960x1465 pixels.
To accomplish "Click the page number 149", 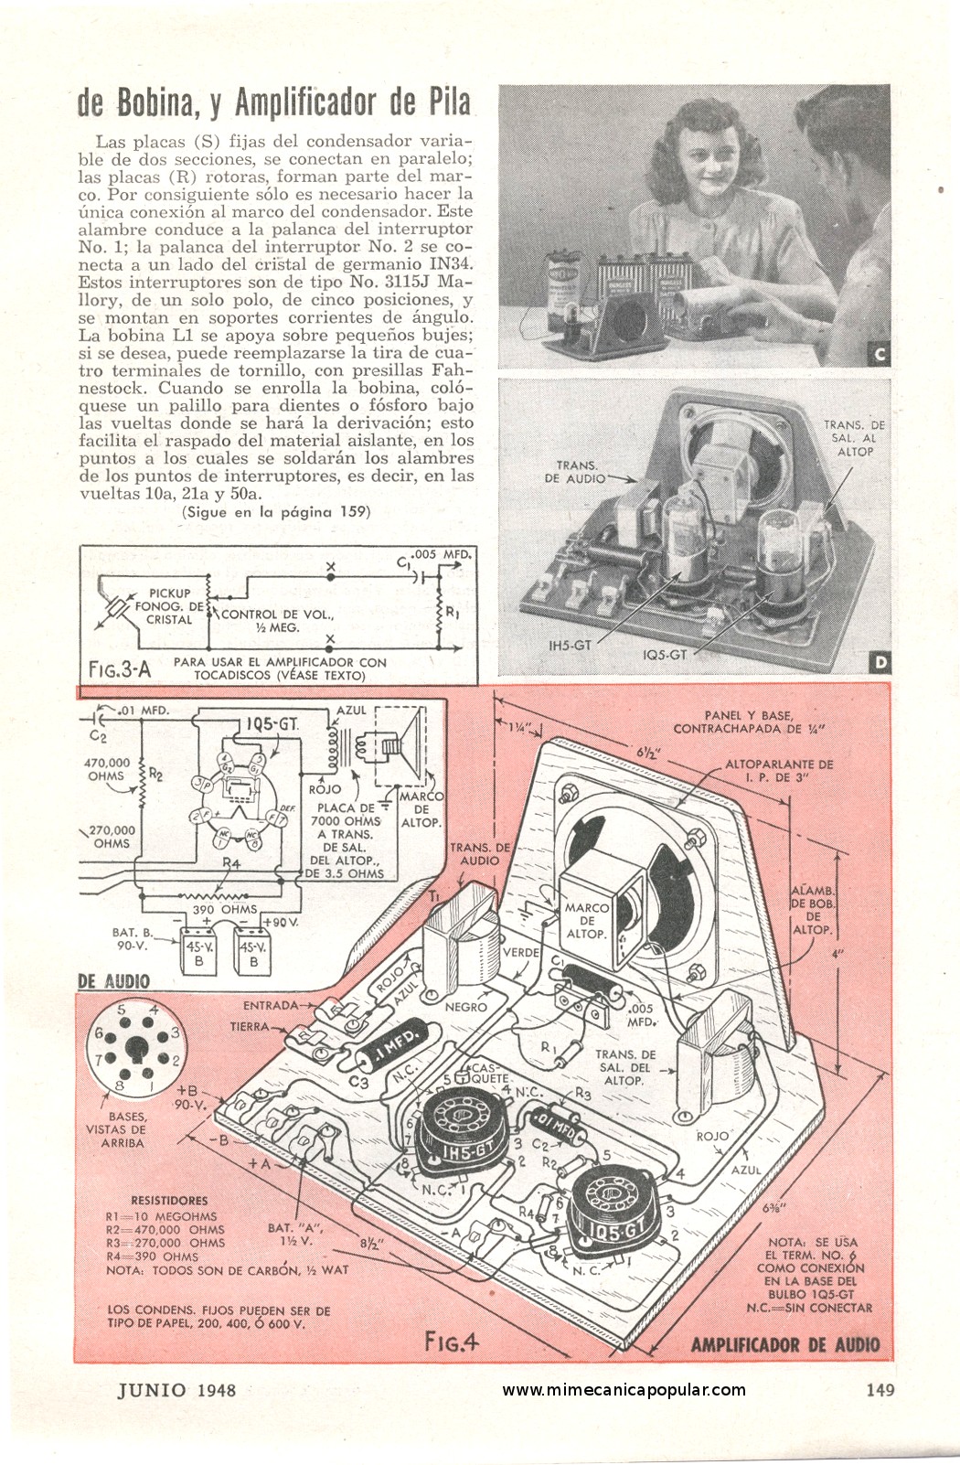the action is [879, 1390].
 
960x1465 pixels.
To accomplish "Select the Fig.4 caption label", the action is [452, 1342].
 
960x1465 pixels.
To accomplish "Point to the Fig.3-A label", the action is [119, 669].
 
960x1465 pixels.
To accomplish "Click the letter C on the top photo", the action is [880, 355].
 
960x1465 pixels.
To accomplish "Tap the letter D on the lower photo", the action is [880, 663].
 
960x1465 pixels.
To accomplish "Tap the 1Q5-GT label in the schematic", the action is [272, 724].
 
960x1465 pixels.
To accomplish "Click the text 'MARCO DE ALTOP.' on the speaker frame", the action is [587, 921].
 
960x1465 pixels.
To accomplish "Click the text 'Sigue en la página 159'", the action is [275, 513].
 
